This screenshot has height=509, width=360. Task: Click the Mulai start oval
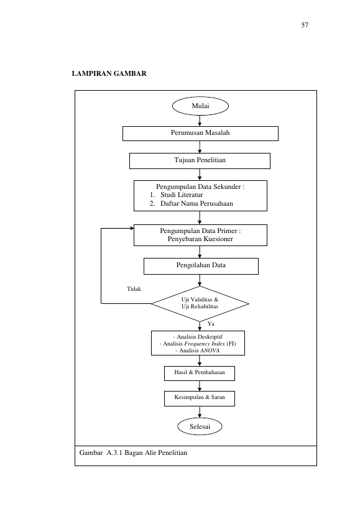(x=200, y=106)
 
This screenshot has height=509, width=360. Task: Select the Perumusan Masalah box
(x=200, y=134)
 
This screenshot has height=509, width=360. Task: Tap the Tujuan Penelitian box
(x=200, y=161)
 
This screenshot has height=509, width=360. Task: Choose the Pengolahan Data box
(x=201, y=266)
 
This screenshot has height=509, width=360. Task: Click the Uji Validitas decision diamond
(x=200, y=304)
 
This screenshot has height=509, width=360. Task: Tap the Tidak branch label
(x=134, y=289)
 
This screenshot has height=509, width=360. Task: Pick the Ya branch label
(x=211, y=324)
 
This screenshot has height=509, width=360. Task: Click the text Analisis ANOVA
(x=198, y=351)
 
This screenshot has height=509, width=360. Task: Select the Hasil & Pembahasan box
(x=200, y=374)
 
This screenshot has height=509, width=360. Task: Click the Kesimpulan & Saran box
(x=200, y=398)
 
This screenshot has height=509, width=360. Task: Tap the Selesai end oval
(x=200, y=426)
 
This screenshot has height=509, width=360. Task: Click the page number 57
(x=305, y=25)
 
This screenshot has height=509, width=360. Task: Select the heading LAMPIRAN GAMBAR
(x=109, y=73)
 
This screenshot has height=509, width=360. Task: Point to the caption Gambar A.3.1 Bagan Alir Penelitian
(x=133, y=452)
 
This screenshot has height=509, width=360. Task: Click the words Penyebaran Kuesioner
(x=200, y=239)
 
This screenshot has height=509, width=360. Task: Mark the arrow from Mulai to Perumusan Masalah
(x=200, y=121)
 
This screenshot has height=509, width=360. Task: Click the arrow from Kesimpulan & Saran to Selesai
(x=200, y=412)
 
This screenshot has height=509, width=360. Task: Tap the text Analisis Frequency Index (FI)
(x=198, y=344)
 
